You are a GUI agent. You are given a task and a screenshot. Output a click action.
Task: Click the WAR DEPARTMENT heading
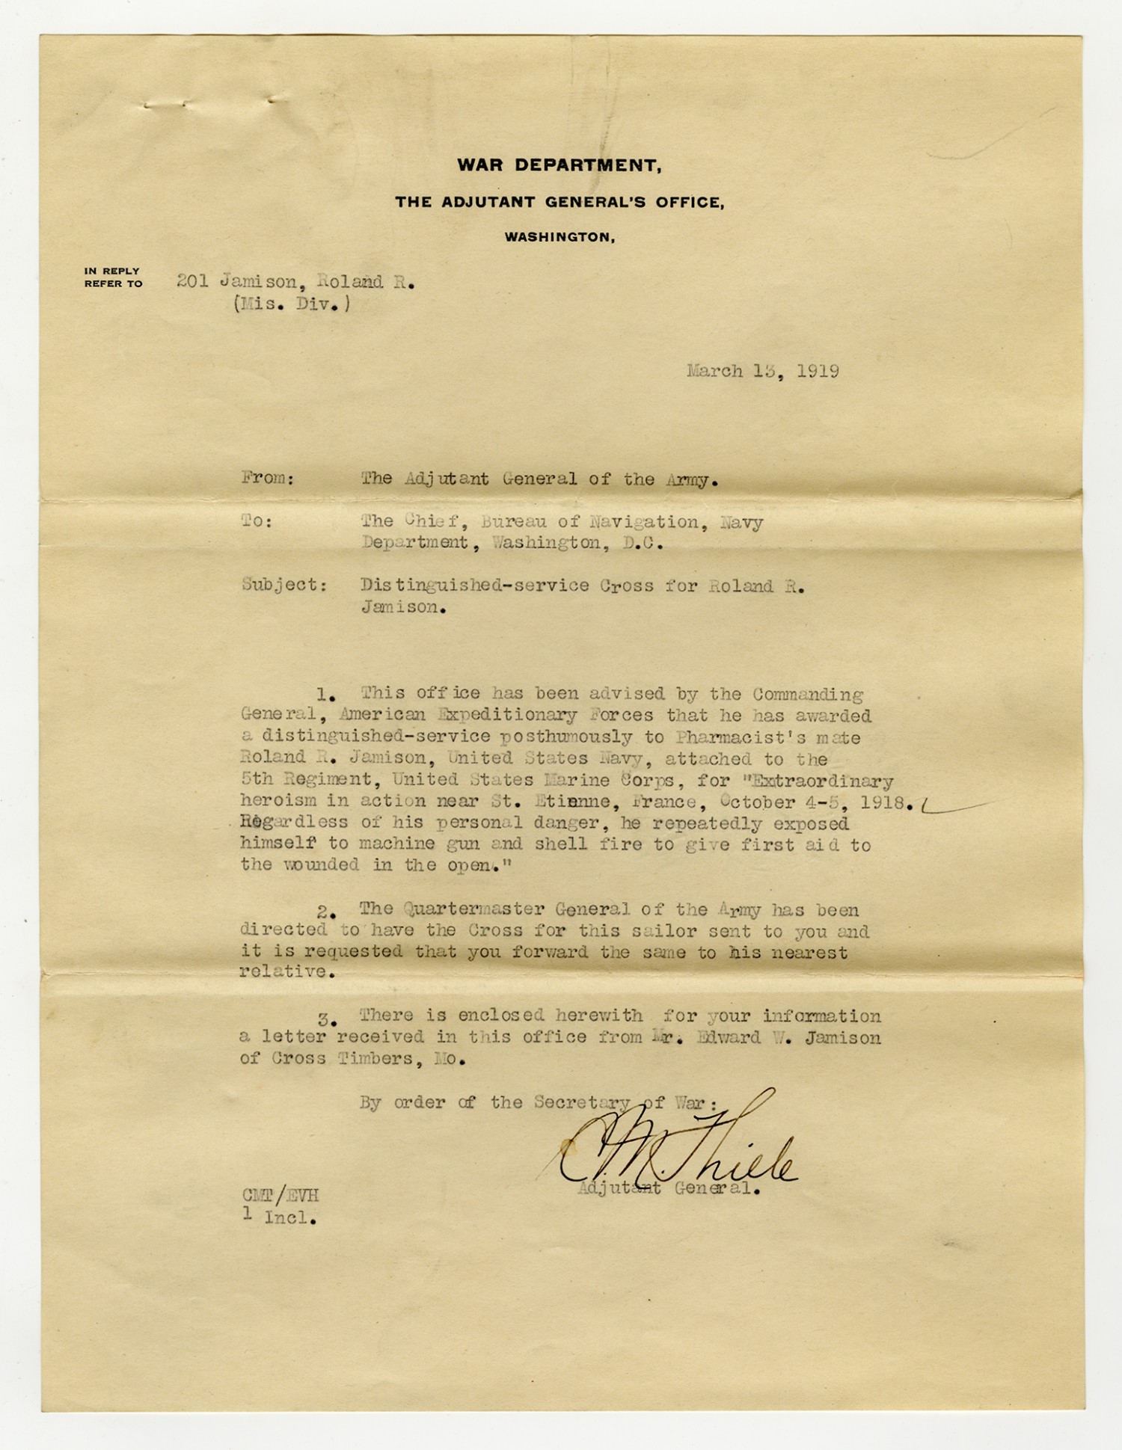point(559,165)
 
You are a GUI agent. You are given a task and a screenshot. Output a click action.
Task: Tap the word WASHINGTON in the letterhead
point(560,237)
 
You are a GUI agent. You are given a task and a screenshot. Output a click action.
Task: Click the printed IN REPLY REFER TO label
point(113,277)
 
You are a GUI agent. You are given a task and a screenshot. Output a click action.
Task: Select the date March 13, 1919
point(762,372)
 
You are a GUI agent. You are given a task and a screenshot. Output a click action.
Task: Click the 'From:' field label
point(268,479)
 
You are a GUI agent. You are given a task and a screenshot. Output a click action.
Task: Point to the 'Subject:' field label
point(284,586)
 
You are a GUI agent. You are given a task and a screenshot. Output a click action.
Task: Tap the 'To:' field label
point(257,521)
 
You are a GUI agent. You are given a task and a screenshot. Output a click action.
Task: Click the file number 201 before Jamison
point(192,282)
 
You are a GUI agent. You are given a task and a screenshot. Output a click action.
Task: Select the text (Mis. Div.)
point(291,304)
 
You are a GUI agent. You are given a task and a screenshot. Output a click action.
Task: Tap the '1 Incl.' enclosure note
point(279,1217)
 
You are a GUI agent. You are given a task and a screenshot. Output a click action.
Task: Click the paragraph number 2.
point(324,912)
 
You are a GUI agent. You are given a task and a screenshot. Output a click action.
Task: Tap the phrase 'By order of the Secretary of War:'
point(539,1102)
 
